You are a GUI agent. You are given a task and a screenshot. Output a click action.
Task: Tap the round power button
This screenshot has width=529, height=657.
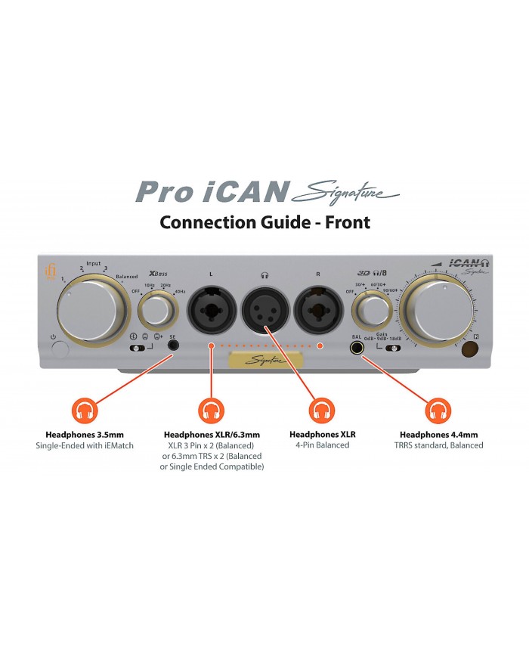[x=58, y=349]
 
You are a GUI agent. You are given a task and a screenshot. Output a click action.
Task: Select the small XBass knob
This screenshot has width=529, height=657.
[x=157, y=309]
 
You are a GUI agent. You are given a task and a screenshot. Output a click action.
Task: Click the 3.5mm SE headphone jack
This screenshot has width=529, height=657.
[x=175, y=348]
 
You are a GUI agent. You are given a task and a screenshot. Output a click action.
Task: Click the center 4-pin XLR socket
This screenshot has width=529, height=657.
[x=264, y=308]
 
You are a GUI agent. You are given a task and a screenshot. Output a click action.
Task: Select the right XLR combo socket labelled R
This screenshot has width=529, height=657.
[x=318, y=308]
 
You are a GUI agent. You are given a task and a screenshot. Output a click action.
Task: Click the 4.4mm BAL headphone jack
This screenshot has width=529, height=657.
[x=356, y=349]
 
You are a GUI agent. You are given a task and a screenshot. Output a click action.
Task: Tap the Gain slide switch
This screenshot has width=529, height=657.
[x=392, y=349]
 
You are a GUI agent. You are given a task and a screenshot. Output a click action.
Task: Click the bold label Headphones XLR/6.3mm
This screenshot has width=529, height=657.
[x=211, y=435]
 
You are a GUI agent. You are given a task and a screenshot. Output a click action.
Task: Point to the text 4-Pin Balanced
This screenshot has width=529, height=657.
[x=323, y=445]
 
